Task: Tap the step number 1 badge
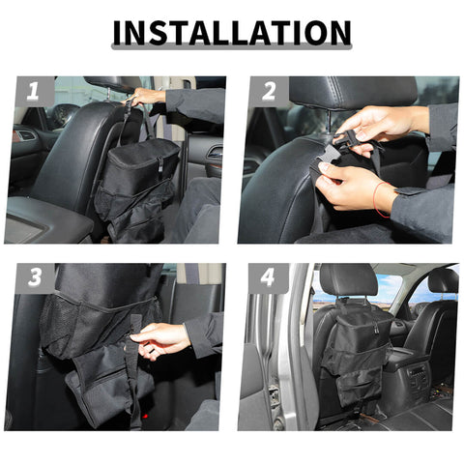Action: pyautogui.click(x=33, y=92)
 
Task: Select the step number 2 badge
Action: pyautogui.click(x=268, y=92)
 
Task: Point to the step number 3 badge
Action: pyautogui.click(x=34, y=278)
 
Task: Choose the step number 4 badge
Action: pyautogui.click(x=268, y=278)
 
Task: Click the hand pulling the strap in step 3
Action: pyautogui.click(x=160, y=338)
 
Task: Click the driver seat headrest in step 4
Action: pyautogui.click(x=348, y=279)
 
